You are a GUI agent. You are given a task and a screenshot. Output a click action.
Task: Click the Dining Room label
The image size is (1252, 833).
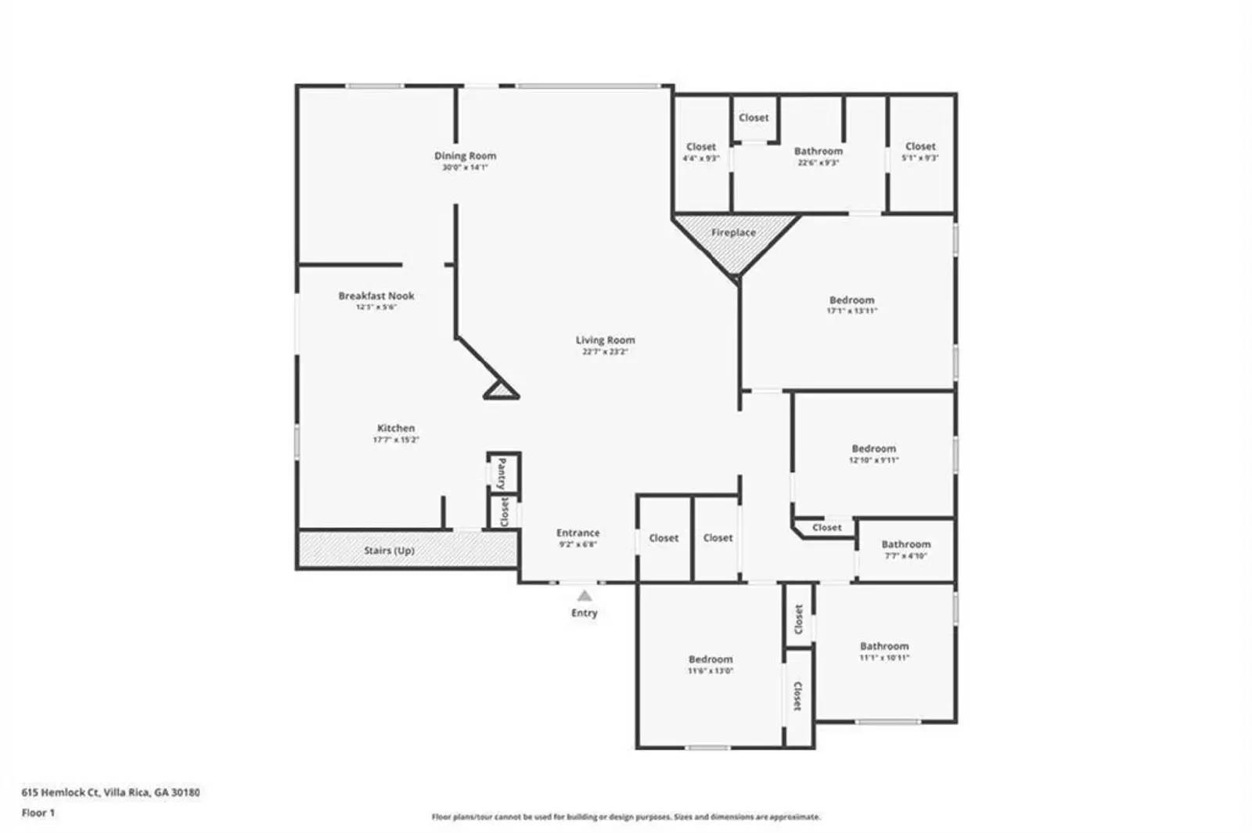point(465,156)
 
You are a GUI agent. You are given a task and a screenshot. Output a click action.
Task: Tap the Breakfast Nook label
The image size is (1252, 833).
point(376,296)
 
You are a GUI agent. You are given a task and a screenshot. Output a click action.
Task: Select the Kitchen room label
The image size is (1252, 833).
point(396,428)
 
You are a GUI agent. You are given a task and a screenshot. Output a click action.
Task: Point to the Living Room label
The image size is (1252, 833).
point(605,340)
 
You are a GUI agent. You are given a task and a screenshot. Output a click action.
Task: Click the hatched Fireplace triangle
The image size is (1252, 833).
point(735,239)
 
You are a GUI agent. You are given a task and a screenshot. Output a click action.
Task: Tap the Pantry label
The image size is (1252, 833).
point(502,473)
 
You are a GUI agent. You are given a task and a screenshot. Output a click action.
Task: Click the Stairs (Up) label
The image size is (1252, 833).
point(389,551)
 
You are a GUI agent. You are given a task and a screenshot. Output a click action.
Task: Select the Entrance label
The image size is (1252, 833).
point(577,533)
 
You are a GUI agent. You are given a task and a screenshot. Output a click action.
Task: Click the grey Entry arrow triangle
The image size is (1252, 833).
point(585,596)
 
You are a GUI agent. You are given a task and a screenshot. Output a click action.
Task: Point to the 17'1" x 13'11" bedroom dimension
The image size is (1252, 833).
point(851,311)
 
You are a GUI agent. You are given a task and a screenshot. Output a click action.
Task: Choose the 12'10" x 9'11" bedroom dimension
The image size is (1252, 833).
point(873,461)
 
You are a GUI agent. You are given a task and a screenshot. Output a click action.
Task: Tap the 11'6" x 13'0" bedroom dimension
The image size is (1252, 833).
point(711,671)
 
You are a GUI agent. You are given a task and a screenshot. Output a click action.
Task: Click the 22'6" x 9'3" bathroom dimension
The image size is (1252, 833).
point(818,163)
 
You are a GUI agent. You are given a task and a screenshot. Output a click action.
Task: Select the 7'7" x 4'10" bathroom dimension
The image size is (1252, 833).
point(906,556)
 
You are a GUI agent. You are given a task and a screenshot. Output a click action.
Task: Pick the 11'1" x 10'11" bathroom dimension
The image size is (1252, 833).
point(884,658)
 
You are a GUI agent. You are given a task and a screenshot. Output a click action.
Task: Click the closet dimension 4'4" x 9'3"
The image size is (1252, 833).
point(700,158)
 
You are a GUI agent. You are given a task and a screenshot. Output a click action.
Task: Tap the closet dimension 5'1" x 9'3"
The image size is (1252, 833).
point(920,158)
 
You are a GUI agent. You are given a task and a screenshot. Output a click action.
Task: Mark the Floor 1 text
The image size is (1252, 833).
point(38,813)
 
